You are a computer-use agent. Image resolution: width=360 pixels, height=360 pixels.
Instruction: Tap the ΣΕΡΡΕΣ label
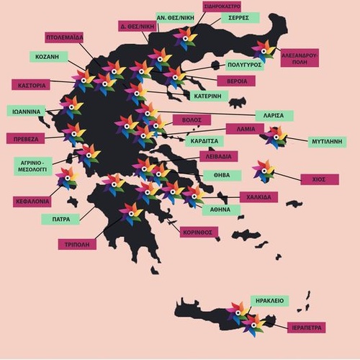point(240,17)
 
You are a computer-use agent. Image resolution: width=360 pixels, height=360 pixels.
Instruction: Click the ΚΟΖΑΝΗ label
point(51,56)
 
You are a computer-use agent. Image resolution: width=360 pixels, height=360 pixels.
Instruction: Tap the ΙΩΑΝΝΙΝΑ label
point(27,111)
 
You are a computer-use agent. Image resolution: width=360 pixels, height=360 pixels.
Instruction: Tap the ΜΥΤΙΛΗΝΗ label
point(327,141)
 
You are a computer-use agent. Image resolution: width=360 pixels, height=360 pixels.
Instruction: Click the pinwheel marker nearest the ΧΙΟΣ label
point(264,171)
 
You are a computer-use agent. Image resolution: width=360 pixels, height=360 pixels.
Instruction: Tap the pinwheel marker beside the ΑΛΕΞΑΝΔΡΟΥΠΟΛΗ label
point(264,50)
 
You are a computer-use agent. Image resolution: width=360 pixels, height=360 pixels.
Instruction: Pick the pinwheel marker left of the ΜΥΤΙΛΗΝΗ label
point(275,137)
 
